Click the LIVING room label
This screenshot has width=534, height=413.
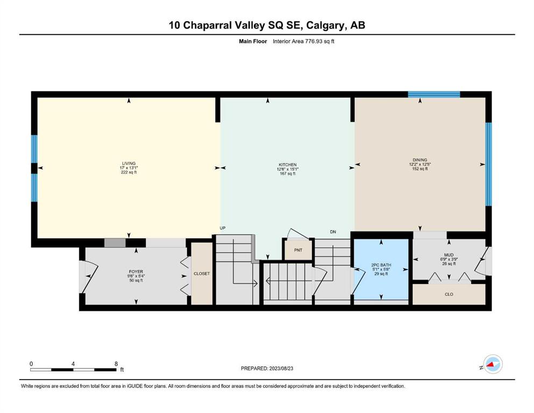(x=129, y=163)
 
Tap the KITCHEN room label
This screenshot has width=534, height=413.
(x=287, y=165)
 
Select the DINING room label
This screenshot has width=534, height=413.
(x=419, y=160)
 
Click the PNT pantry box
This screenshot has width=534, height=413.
(x=298, y=250)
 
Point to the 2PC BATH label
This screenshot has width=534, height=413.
(x=381, y=265)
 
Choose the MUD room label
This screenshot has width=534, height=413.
(x=449, y=255)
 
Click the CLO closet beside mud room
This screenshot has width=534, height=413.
(x=449, y=294)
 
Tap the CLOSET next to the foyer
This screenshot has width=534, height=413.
(x=202, y=274)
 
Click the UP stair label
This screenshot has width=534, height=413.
(x=223, y=228)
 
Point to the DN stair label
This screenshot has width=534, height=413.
(x=333, y=232)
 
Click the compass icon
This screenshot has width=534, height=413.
(x=493, y=364)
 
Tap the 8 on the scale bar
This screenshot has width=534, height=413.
(x=116, y=364)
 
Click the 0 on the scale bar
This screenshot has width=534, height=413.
(x=31, y=364)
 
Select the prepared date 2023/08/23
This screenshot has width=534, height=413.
(x=281, y=368)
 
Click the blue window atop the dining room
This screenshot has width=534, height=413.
(x=434, y=94)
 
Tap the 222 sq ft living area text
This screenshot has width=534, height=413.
(x=129, y=172)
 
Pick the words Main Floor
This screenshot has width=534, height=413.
(x=253, y=41)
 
